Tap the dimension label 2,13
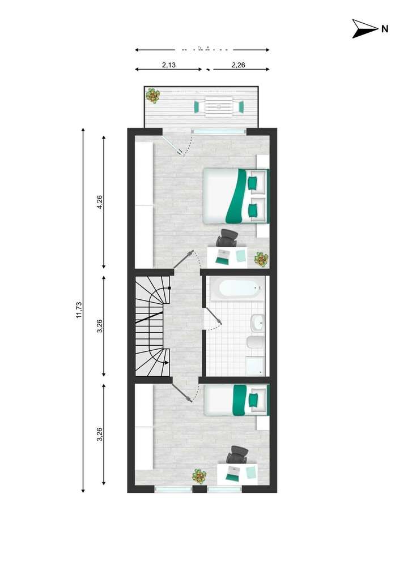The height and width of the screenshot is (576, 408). [168, 65]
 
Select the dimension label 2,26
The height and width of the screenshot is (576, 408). [238, 65]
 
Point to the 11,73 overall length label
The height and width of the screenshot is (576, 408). [79, 310]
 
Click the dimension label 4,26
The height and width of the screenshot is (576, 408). [100, 202]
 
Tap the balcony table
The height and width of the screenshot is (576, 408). [218, 106]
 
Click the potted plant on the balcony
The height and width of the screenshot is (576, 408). [152, 95]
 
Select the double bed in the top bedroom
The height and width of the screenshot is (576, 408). [235, 196]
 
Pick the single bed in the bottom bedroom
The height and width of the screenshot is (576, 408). [235, 399]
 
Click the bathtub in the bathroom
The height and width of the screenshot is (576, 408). [236, 289]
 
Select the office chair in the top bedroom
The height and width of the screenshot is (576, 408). [228, 238]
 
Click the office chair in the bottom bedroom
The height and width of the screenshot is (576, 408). [237, 454]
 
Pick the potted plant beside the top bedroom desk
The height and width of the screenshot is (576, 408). [261, 259]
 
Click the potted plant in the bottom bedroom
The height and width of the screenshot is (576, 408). [199, 476]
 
